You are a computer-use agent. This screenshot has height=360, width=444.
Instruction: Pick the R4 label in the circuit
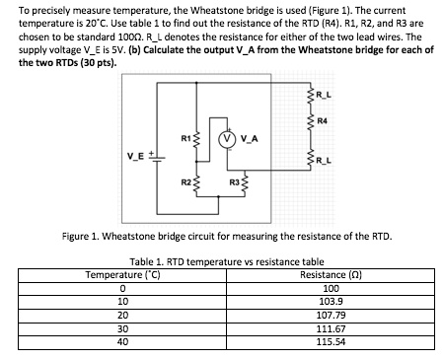322,121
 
